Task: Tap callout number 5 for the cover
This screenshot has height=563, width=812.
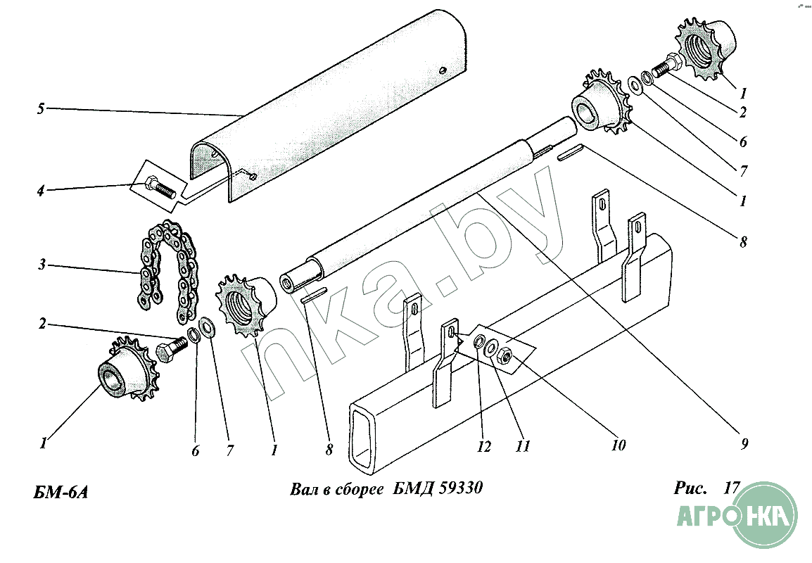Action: tap(41, 109)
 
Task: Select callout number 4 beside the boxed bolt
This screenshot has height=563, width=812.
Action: tap(40, 191)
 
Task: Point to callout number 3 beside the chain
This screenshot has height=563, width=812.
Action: tap(42, 265)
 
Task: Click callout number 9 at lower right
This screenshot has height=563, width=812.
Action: tap(744, 443)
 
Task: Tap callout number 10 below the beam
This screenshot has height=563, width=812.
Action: tap(618, 444)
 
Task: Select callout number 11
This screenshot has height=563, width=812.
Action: tap(523, 445)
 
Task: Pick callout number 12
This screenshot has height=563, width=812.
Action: tap(483, 446)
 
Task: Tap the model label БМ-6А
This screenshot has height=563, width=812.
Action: tap(61, 492)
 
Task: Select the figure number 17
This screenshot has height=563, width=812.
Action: tap(732, 488)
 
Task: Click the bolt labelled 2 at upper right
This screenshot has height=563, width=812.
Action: tap(664, 64)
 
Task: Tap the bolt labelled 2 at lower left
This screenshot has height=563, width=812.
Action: tap(172, 350)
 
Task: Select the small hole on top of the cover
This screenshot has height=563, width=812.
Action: tap(442, 70)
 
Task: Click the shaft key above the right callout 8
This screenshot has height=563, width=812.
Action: tap(570, 152)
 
